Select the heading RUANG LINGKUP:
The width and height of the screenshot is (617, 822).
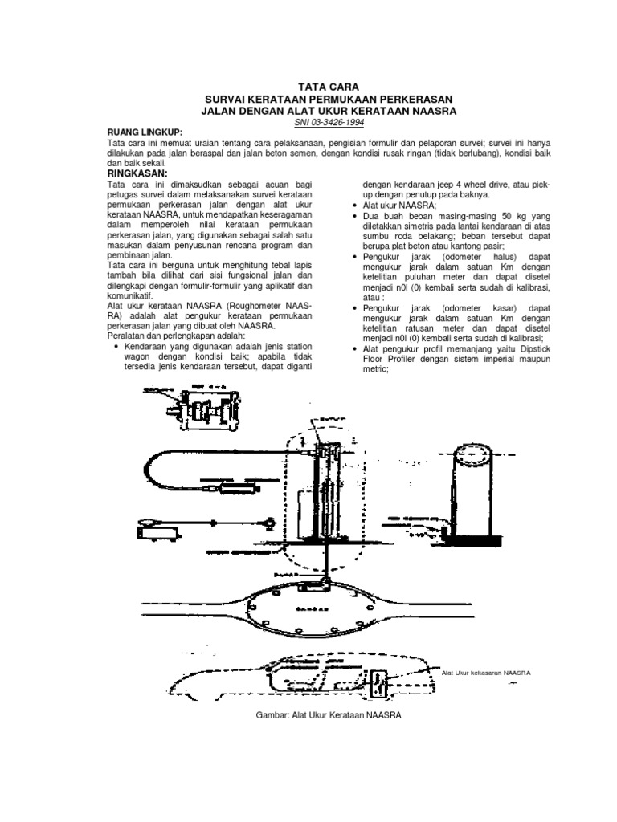[145, 130]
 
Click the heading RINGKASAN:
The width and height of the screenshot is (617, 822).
[137, 173]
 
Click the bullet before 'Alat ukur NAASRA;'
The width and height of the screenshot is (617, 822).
[356, 205]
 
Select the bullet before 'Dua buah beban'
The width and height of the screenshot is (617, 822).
[356, 216]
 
